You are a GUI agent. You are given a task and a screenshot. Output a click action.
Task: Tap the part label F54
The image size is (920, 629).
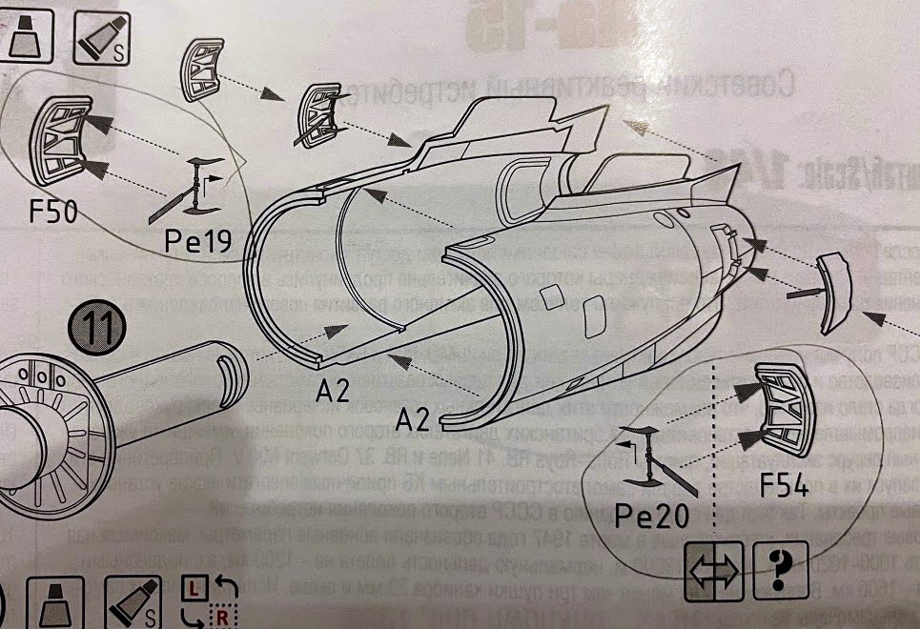[x=784, y=487]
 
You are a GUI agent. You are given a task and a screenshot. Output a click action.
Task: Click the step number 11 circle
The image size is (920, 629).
[x=94, y=329]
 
